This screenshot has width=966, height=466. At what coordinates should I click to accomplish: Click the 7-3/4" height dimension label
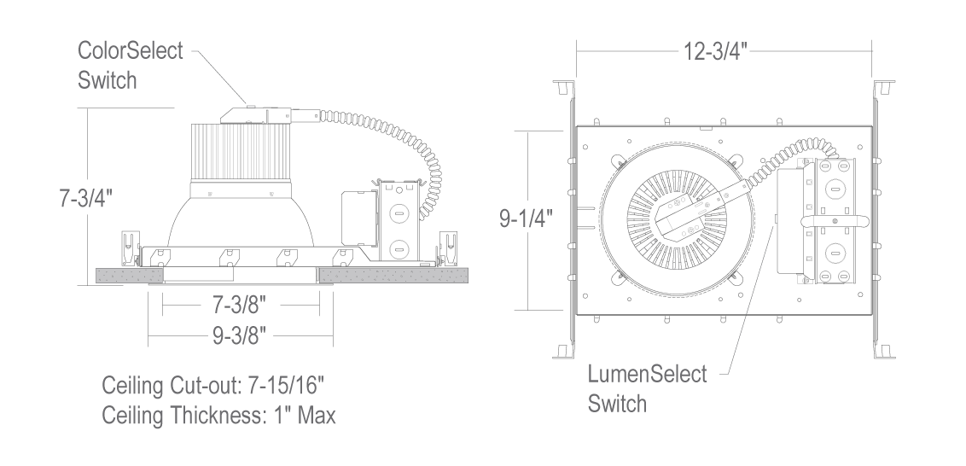coord(86,199)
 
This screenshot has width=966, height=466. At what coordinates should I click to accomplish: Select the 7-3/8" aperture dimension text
coord(239,304)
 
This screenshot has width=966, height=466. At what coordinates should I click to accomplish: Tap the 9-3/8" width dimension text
coord(239,335)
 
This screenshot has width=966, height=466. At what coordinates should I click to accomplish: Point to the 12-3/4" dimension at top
coord(715,51)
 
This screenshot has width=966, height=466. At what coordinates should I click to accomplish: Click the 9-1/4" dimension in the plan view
coord(526,218)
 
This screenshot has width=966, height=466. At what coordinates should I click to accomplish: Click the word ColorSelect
coord(130,50)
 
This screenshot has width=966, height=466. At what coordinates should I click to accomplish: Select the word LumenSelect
coord(647,374)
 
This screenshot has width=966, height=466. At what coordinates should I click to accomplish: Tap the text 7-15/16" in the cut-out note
coord(286,385)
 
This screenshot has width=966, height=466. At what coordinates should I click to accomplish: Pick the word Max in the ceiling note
coord(317,415)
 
